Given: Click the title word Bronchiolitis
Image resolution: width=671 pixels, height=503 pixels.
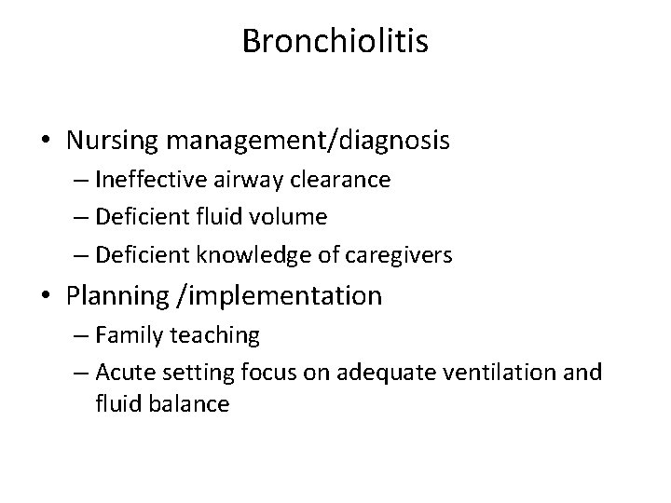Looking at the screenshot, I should [335, 42].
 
